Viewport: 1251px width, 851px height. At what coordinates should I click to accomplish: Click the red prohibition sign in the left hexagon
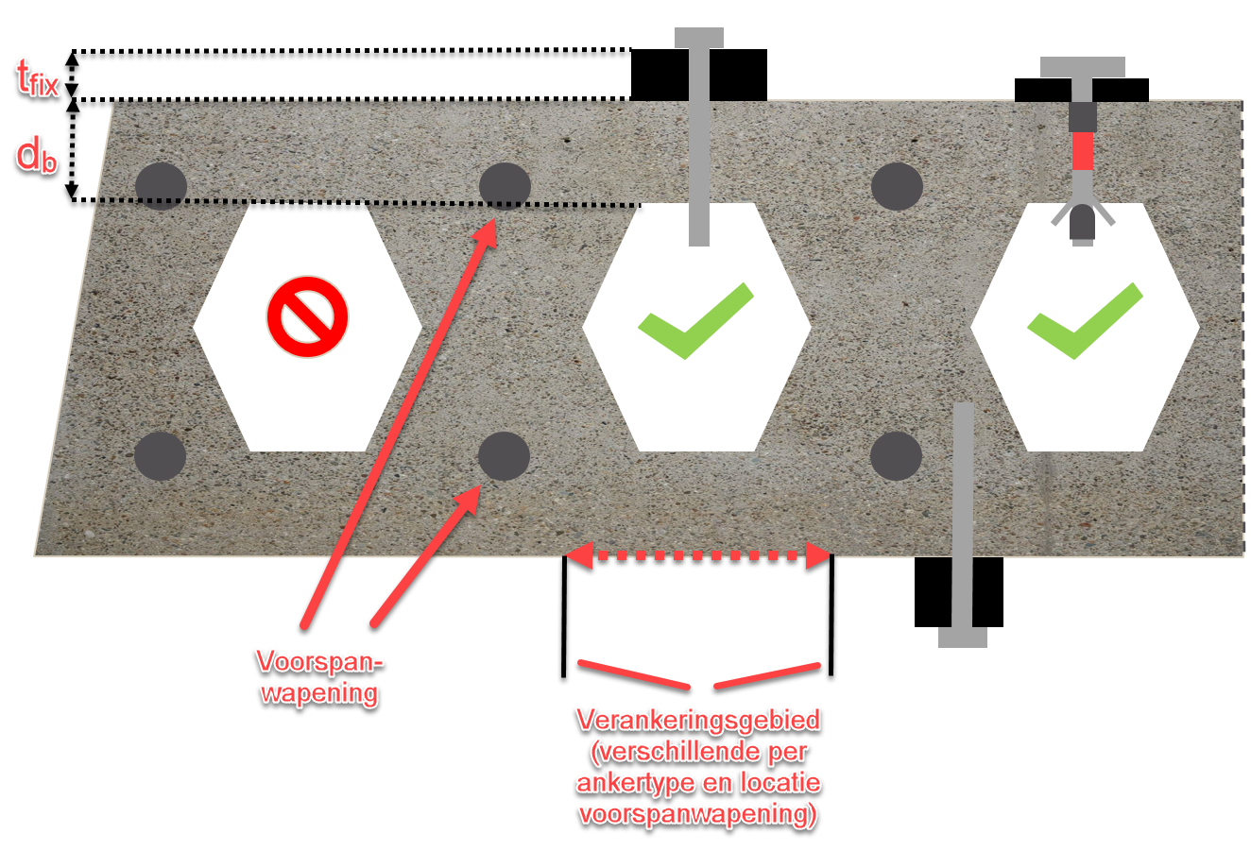click(307, 316)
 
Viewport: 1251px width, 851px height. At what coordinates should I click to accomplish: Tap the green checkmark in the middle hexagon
click(694, 322)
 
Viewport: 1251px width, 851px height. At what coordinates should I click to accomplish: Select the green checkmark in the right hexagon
click(1084, 322)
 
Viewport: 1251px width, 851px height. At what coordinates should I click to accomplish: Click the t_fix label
click(38, 77)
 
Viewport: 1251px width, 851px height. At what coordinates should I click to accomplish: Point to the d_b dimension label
click(37, 155)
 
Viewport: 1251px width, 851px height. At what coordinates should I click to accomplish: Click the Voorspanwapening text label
click(319, 676)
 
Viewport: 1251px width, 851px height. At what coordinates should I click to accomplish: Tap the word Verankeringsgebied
click(698, 720)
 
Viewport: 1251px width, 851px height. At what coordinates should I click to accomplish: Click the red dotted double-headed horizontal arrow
click(698, 556)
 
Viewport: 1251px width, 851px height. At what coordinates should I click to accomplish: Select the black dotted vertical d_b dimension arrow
click(72, 151)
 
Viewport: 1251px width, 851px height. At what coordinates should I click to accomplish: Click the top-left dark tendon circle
click(161, 185)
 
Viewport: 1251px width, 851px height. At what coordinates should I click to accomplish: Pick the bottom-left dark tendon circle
click(160, 456)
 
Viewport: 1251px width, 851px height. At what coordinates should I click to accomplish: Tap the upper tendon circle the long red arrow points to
click(505, 185)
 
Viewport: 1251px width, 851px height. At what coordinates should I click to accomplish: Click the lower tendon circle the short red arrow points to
click(504, 456)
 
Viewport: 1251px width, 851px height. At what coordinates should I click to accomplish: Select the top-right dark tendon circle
click(897, 185)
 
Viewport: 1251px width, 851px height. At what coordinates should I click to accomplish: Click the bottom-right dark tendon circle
click(896, 456)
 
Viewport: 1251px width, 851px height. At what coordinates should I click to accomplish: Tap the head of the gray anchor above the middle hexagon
click(699, 39)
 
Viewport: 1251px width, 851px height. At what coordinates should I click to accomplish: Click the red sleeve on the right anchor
click(1083, 150)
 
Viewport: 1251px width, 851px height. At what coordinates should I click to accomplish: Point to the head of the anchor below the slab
click(963, 637)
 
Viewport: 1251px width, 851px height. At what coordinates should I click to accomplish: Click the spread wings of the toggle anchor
click(1083, 215)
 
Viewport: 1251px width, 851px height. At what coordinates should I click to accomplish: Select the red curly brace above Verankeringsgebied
click(699, 674)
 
